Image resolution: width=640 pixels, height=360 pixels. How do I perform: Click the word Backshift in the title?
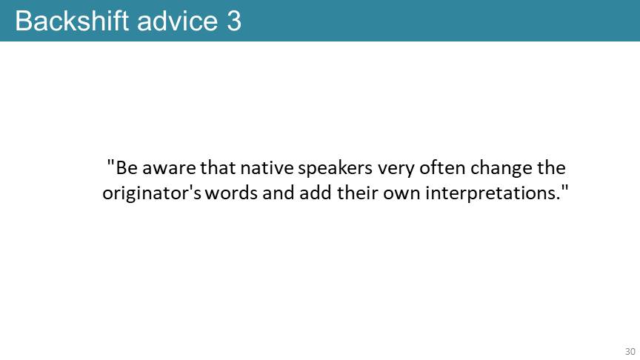[x=72, y=21]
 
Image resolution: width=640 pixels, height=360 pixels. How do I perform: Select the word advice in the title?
[x=178, y=21]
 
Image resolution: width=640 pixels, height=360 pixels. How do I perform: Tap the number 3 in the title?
[x=234, y=21]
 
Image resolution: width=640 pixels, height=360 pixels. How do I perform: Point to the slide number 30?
[x=630, y=351]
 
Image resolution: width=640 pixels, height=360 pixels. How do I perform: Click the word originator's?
[x=151, y=193]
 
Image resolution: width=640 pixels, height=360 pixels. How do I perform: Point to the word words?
[x=231, y=193]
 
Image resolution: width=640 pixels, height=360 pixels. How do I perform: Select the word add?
[x=315, y=193]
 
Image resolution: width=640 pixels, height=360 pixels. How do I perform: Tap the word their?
[x=357, y=193]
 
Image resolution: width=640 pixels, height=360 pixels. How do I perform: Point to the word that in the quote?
[x=218, y=167]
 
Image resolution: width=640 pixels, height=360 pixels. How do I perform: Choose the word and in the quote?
[x=279, y=193]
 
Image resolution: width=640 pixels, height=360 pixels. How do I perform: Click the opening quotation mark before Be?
[x=110, y=162]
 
